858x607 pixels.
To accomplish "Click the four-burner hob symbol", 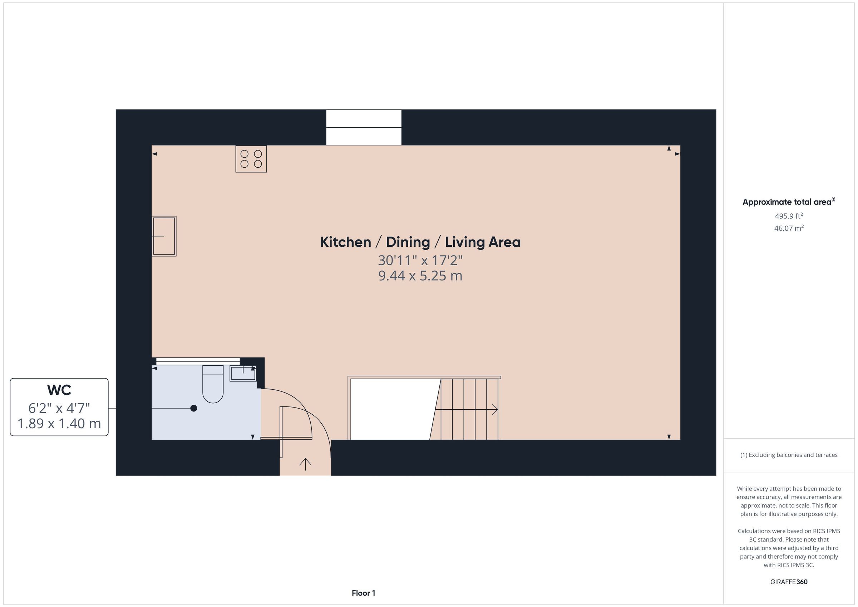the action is (251, 159).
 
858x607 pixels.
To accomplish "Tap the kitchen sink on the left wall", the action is (164, 236).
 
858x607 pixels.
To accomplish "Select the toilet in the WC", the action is (213, 384).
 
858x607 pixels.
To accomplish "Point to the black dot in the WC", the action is (193, 408).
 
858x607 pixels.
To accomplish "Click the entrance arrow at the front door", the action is (305, 464).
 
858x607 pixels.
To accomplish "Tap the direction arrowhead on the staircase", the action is (495, 410).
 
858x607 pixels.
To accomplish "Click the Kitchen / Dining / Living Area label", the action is (420, 242).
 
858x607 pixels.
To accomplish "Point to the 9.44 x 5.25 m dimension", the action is (420, 276).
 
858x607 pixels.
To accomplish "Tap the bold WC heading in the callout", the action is (59, 390).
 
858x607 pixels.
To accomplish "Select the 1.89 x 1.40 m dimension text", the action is (59, 424).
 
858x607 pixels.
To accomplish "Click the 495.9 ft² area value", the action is (789, 216).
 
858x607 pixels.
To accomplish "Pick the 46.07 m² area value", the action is (789, 228).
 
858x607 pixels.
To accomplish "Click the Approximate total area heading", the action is (789, 202).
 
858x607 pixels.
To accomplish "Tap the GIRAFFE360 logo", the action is (789, 582).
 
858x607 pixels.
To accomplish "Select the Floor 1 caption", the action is (364, 593).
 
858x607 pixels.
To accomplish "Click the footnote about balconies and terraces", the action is (789, 455).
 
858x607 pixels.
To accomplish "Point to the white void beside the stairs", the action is (393, 409).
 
